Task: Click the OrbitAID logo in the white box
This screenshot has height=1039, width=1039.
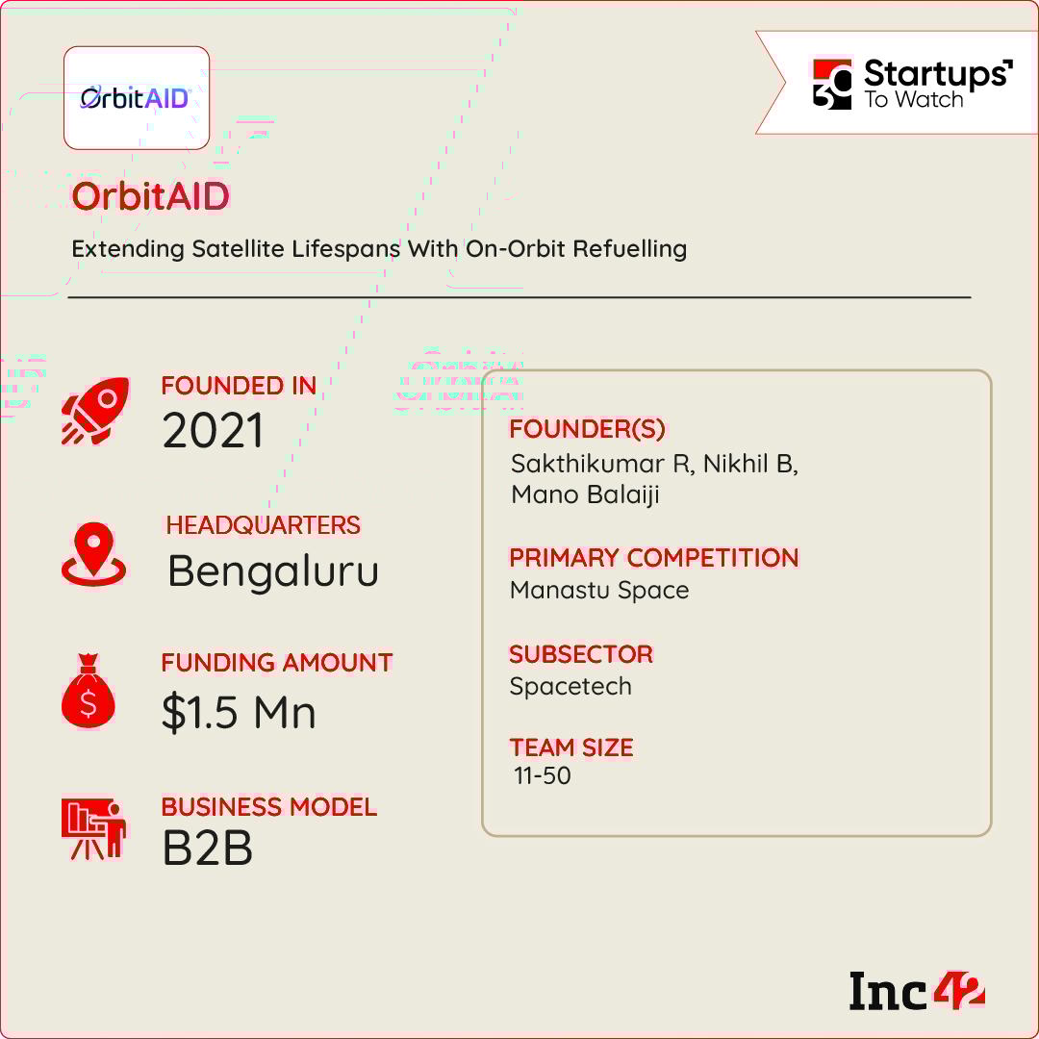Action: click(x=136, y=98)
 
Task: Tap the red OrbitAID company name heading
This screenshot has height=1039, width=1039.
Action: click(x=150, y=196)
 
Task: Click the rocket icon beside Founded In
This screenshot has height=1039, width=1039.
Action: click(x=95, y=411)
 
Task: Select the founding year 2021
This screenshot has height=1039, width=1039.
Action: click(x=213, y=431)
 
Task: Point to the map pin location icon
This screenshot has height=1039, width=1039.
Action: click(x=93, y=554)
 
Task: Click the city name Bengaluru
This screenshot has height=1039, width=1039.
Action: click(x=273, y=571)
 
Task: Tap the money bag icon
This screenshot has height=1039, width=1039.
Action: click(x=89, y=691)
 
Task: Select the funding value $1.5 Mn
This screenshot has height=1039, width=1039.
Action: click(x=239, y=713)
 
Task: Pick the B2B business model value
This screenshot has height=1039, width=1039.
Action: click(x=208, y=849)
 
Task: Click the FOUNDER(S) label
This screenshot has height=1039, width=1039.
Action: click(x=587, y=429)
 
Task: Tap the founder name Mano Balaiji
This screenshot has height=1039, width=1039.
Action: click(x=585, y=495)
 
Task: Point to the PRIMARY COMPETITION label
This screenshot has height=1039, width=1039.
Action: click(x=654, y=558)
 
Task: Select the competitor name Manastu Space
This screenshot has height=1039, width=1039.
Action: click(x=599, y=590)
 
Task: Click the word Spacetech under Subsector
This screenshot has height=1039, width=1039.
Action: click(x=570, y=687)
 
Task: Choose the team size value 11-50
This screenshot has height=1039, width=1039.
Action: click(x=542, y=776)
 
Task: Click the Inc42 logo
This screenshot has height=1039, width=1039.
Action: click(x=917, y=991)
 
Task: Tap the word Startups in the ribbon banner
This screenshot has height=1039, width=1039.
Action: click(x=938, y=73)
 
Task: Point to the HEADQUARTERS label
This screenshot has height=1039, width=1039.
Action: click(x=263, y=525)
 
